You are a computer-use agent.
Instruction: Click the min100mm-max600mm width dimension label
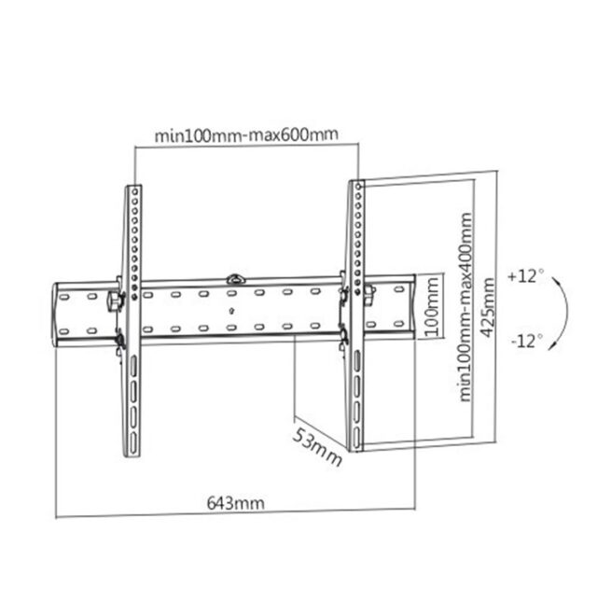click(x=246, y=136)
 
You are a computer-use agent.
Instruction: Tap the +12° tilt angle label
click(x=526, y=277)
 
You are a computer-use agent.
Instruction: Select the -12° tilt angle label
click(x=526, y=341)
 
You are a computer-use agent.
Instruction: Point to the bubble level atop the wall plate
click(x=235, y=277)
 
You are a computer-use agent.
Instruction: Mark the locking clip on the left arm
click(x=115, y=301)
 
